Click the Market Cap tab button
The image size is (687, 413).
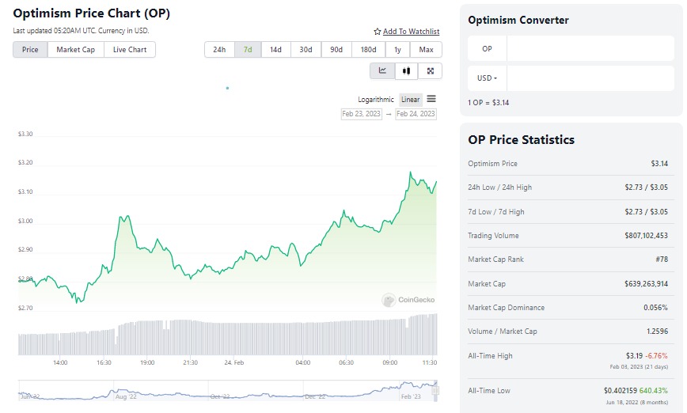[x=75, y=50]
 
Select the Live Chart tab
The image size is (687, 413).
[x=130, y=50]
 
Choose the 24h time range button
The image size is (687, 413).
[x=219, y=50]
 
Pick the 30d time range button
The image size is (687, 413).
[x=306, y=50]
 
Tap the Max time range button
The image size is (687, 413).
[x=427, y=50]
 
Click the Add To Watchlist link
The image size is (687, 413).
[x=407, y=32]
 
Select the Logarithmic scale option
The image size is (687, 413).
[x=376, y=100]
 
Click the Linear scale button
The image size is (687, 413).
[x=411, y=100]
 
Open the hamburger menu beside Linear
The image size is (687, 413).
[x=431, y=99]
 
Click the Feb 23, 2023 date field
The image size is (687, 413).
[x=362, y=114]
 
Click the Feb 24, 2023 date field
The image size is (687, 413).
[x=416, y=114]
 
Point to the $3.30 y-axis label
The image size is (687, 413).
[x=25, y=135]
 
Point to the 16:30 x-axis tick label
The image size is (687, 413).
[x=104, y=362]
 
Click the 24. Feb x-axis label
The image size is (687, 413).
[x=233, y=362]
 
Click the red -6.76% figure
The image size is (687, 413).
[x=657, y=356]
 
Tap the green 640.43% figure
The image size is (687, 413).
[x=655, y=391]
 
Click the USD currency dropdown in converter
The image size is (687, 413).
[x=487, y=78]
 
